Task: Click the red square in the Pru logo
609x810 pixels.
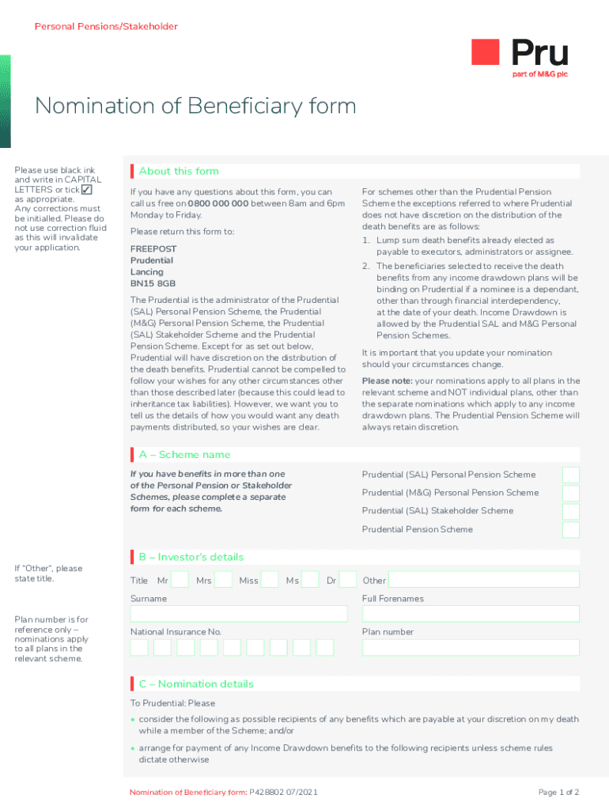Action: click(x=485, y=52)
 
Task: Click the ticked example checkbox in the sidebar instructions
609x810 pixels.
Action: click(x=87, y=190)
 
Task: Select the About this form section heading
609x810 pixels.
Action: click(x=179, y=171)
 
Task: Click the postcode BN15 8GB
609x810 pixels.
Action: click(x=153, y=283)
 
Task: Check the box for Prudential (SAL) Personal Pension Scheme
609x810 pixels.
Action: click(x=570, y=475)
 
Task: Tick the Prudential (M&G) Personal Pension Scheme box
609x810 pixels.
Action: click(x=570, y=493)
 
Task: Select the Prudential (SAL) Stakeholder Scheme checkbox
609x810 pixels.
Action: click(x=570, y=511)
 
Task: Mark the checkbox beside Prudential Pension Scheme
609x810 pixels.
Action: click(x=570, y=529)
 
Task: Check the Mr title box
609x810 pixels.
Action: click(x=180, y=580)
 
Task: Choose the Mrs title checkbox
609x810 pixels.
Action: click(x=223, y=580)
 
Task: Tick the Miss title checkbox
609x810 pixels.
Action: click(x=270, y=580)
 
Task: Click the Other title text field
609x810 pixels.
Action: click(x=483, y=580)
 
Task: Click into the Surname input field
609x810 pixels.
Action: click(x=238, y=614)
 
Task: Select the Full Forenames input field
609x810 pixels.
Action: click(x=471, y=614)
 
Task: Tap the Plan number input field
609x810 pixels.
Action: click(x=471, y=647)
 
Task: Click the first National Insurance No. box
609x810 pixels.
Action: click(x=139, y=647)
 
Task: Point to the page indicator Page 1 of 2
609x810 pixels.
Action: click(x=558, y=792)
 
